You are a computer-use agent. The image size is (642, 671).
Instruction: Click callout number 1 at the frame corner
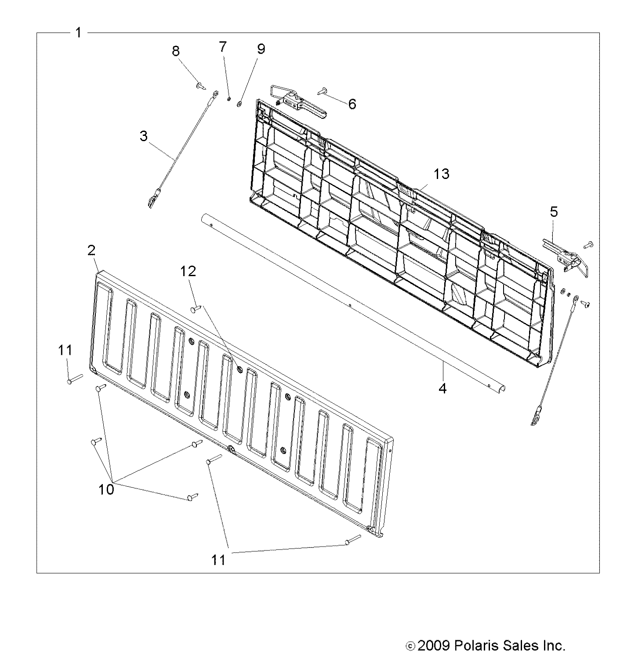(78, 33)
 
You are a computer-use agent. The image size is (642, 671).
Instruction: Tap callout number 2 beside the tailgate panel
(91, 251)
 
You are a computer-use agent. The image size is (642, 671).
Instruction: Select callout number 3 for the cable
(144, 136)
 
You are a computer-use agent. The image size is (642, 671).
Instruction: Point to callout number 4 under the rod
(443, 388)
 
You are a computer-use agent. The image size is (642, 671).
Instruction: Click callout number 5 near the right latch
(554, 212)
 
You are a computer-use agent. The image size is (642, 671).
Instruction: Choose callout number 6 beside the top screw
(352, 104)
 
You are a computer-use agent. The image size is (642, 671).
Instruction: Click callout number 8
(176, 51)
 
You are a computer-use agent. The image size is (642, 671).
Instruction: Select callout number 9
(261, 49)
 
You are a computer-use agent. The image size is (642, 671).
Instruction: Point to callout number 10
(106, 489)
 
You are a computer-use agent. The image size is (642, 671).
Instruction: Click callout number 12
(188, 271)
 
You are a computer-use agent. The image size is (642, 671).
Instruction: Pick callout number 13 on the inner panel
(442, 174)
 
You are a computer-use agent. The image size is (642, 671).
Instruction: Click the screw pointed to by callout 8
(202, 85)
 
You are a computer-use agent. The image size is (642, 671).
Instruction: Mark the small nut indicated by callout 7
(229, 99)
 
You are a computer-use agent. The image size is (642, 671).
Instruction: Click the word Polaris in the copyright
(478, 646)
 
